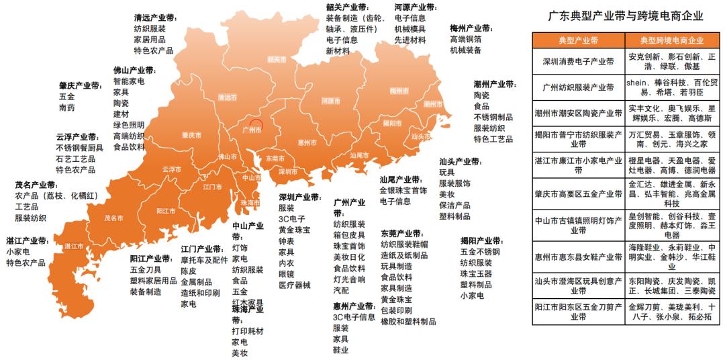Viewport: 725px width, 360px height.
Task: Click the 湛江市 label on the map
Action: (x=73, y=246)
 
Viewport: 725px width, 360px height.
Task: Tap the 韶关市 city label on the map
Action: (x=277, y=58)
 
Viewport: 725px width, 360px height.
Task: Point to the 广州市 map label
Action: (x=252, y=130)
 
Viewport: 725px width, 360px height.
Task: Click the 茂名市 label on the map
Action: (x=113, y=218)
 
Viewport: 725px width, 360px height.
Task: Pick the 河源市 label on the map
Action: (x=331, y=101)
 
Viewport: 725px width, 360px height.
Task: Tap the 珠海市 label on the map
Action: (x=250, y=202)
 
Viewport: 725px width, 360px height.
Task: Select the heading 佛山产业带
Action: (x=134, y=69)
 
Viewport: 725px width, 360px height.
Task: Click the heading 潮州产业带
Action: (x=495, y=85)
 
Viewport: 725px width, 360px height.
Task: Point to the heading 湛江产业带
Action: (x=28, y=240)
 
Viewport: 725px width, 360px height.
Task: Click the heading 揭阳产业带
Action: (x=481, y=240)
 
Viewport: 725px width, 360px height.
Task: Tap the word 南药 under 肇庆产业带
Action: (x=67, y=107)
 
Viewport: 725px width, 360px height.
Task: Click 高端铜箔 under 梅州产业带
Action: (x=466, y=39)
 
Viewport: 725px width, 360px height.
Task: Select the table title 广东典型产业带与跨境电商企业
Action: (x=626, y=15)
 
